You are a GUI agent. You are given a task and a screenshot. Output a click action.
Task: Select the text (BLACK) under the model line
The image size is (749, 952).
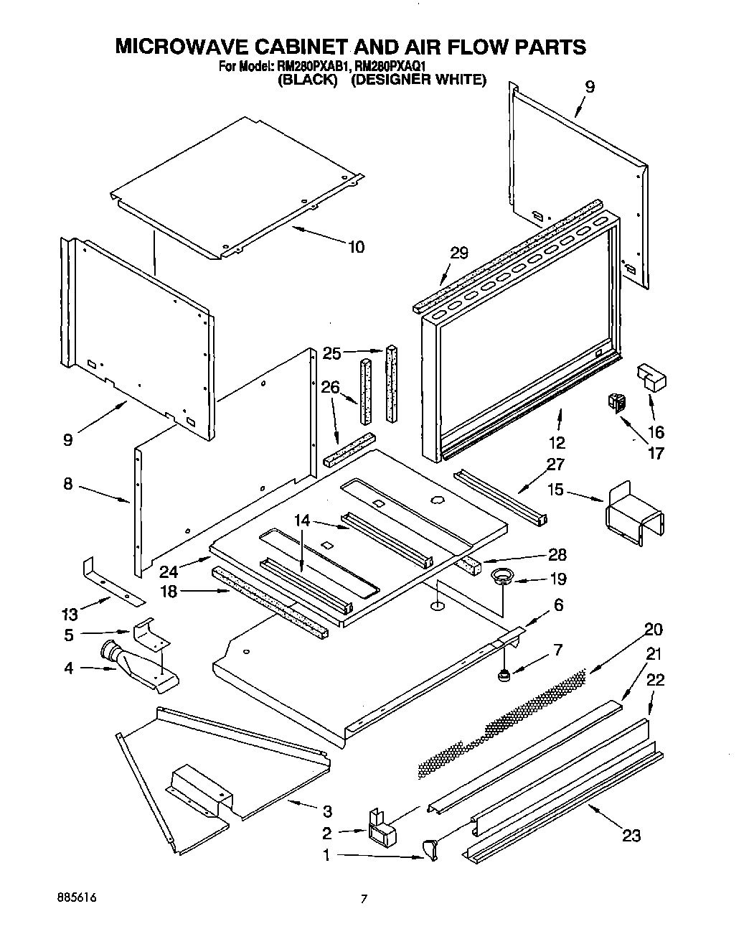click(x=307, y=80)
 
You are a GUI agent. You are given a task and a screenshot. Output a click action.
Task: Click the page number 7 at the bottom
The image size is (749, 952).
click(x=364, y=899)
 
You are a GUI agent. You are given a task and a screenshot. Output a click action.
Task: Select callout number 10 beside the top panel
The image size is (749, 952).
click(x=356, y=247)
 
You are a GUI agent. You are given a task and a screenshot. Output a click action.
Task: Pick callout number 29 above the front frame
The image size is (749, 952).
click(x=459, y=253)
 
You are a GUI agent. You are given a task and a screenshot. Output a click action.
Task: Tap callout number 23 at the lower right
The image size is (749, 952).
click(x=631, y=835)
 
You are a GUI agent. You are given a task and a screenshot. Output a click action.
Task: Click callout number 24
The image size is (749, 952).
click(x=169, y=572)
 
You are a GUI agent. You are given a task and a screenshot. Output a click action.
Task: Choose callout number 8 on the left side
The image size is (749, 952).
click(x=67, y=484)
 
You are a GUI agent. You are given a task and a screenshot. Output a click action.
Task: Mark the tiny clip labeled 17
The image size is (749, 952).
click(x=615, y=403)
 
